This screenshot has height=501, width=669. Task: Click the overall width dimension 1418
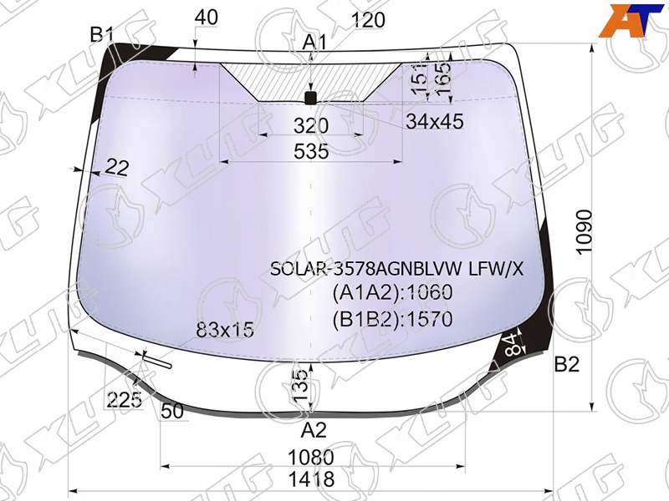pos(311,478)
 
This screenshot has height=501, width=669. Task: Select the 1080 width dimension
pos(311,458)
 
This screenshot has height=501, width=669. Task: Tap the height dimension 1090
pos(584,232)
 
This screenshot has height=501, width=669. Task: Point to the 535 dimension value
pos(311,151)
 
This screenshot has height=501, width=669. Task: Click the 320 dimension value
pos(311,126)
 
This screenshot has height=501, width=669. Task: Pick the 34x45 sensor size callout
pos(434,121)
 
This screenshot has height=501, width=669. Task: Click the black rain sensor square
pos(310,98)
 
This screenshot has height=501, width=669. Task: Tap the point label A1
pos(314,43)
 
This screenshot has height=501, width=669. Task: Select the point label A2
pos(314,430)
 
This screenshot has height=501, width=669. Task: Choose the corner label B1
pos(101,34)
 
